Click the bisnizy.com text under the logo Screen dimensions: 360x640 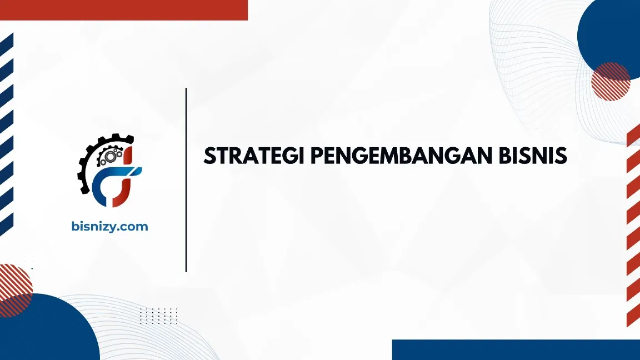[x=110, y=226]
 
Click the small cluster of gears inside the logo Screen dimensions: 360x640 [x=108, y=157]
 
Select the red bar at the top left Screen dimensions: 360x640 [x=123, y=9]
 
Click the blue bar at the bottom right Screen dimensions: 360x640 [x=516, y=349]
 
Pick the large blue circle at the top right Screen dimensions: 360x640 [x=611, y=33]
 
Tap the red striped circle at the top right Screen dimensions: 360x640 [x=610, y=81]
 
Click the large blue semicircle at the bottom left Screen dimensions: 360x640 [x=44, y=331]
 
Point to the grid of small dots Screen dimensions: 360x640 [x=158, y=316]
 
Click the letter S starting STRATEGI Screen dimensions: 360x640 [x=210, y=156]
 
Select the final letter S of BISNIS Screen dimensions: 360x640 [x=561, y=156]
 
